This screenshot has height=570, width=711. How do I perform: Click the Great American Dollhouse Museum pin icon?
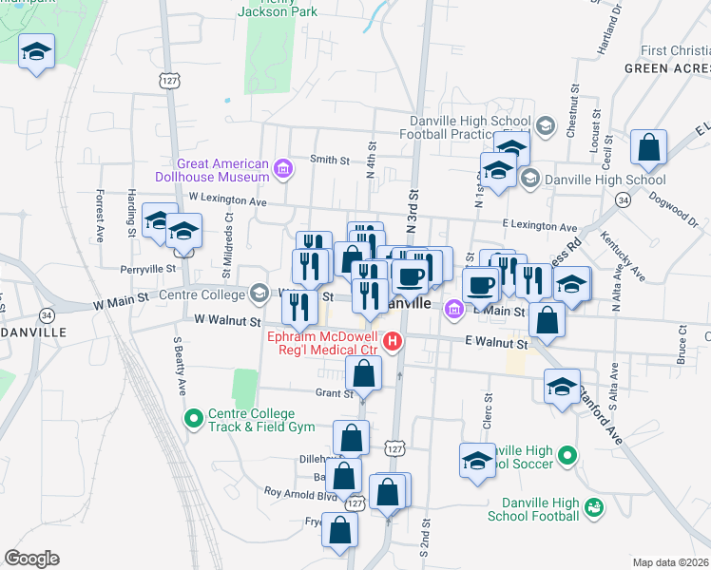tap(282, 170)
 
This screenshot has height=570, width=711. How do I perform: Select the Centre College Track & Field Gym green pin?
tap(194, 416)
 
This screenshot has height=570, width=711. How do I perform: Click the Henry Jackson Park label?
tap(281, 9)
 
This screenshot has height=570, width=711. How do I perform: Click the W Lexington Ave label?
tap(228, 198)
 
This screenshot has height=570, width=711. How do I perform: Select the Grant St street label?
tap(334, 392)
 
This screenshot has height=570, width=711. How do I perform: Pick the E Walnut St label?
tap(496, 343)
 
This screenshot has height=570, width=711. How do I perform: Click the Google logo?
tap(30, 559)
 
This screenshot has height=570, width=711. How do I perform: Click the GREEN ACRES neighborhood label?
tap(666, 69)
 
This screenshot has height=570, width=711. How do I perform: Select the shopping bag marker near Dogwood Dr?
tap(649, 148)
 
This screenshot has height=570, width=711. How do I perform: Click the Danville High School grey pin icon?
tap(530, 177)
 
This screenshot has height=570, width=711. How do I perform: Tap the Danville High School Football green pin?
tap(594, 509)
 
